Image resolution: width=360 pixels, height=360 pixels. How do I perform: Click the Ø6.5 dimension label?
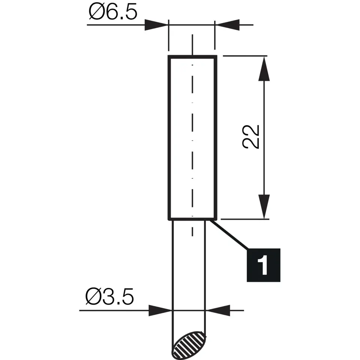pyautogui.click(x=113, y=13)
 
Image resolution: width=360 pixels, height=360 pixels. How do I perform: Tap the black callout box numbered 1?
pyautogui.click(x=262, y=265)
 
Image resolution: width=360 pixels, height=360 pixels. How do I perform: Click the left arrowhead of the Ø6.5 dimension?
pyautogui.click(x=157, y=25)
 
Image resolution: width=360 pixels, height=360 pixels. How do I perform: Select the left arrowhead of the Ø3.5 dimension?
pyautogui.click(x=160, y=310)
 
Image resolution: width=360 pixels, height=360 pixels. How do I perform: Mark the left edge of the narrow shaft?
pyautogui.click(x=172, y=270)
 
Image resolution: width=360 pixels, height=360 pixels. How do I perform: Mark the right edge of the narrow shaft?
pyautogui.click(x=205, y=270)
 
